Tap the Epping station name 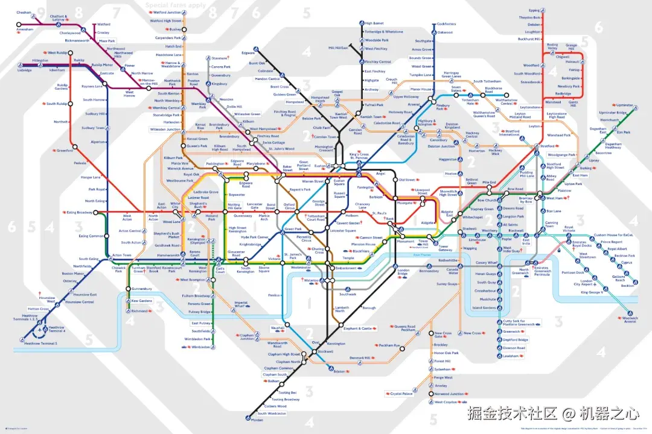(534, 10)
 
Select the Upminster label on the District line (625, 105)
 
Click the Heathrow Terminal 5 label (40, 344)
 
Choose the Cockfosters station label (446, 24)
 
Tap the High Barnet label (374, 23)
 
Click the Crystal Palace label (401, 394)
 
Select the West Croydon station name (447, 402)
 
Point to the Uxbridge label (24, 70)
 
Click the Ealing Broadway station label (80, 212)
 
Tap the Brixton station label (339, 371)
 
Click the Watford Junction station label (167, 12)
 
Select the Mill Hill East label (338, 48)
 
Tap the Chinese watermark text (552, 414)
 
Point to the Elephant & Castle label (357, 328)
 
